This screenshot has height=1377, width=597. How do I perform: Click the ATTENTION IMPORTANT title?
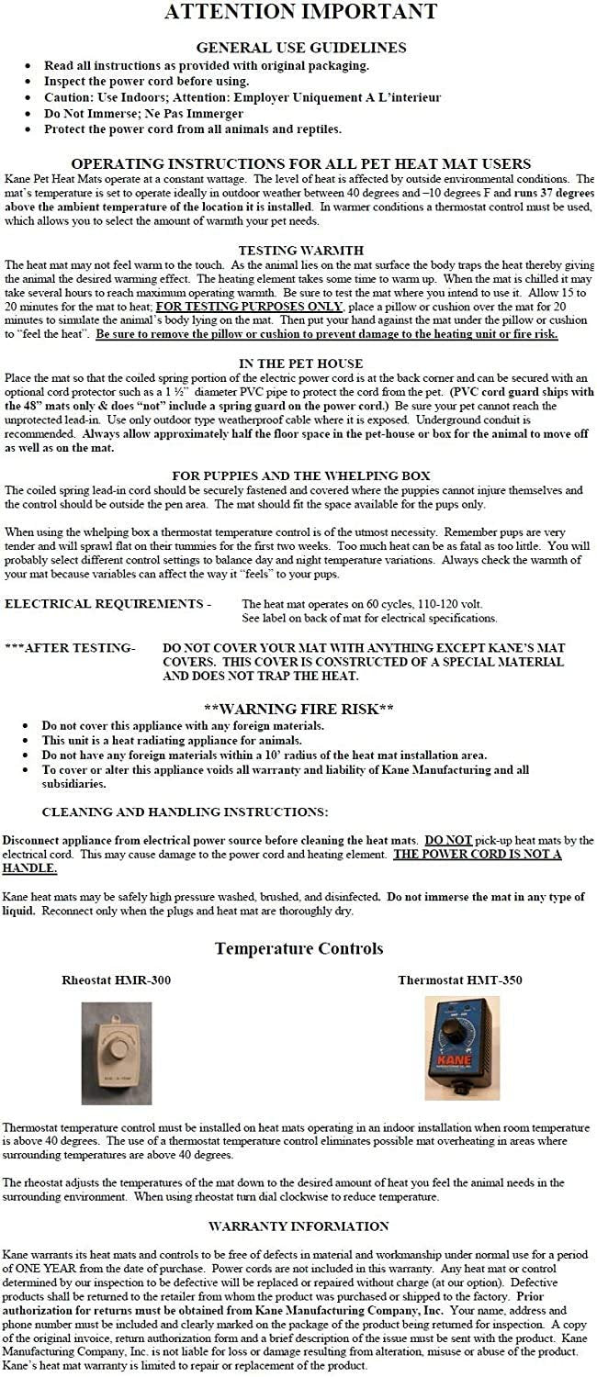tap(300, 13)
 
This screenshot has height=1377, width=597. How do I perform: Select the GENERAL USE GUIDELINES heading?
tap(300, 48)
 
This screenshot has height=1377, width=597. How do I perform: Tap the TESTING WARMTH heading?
tap(300, 250)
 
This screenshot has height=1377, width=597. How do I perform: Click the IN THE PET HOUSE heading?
tap(300, 364)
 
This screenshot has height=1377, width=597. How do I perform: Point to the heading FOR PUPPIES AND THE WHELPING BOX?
tap(300, 476)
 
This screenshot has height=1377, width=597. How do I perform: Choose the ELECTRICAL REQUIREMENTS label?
tap(107, 604)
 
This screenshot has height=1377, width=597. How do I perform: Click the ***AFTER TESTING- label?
tap(70, 648)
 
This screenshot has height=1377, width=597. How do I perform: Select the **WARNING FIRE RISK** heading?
tap(298, 709)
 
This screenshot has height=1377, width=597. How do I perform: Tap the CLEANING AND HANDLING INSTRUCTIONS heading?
tap(185, 812)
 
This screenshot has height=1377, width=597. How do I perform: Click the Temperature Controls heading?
tap(299, 948)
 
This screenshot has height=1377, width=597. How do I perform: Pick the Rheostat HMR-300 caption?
tap(116, 980)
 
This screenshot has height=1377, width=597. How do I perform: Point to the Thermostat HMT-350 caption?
tap(459, 980)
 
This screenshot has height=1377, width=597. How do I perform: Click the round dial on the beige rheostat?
tap(117, 1049)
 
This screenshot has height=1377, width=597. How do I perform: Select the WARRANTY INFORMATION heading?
tap(298, 1226)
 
